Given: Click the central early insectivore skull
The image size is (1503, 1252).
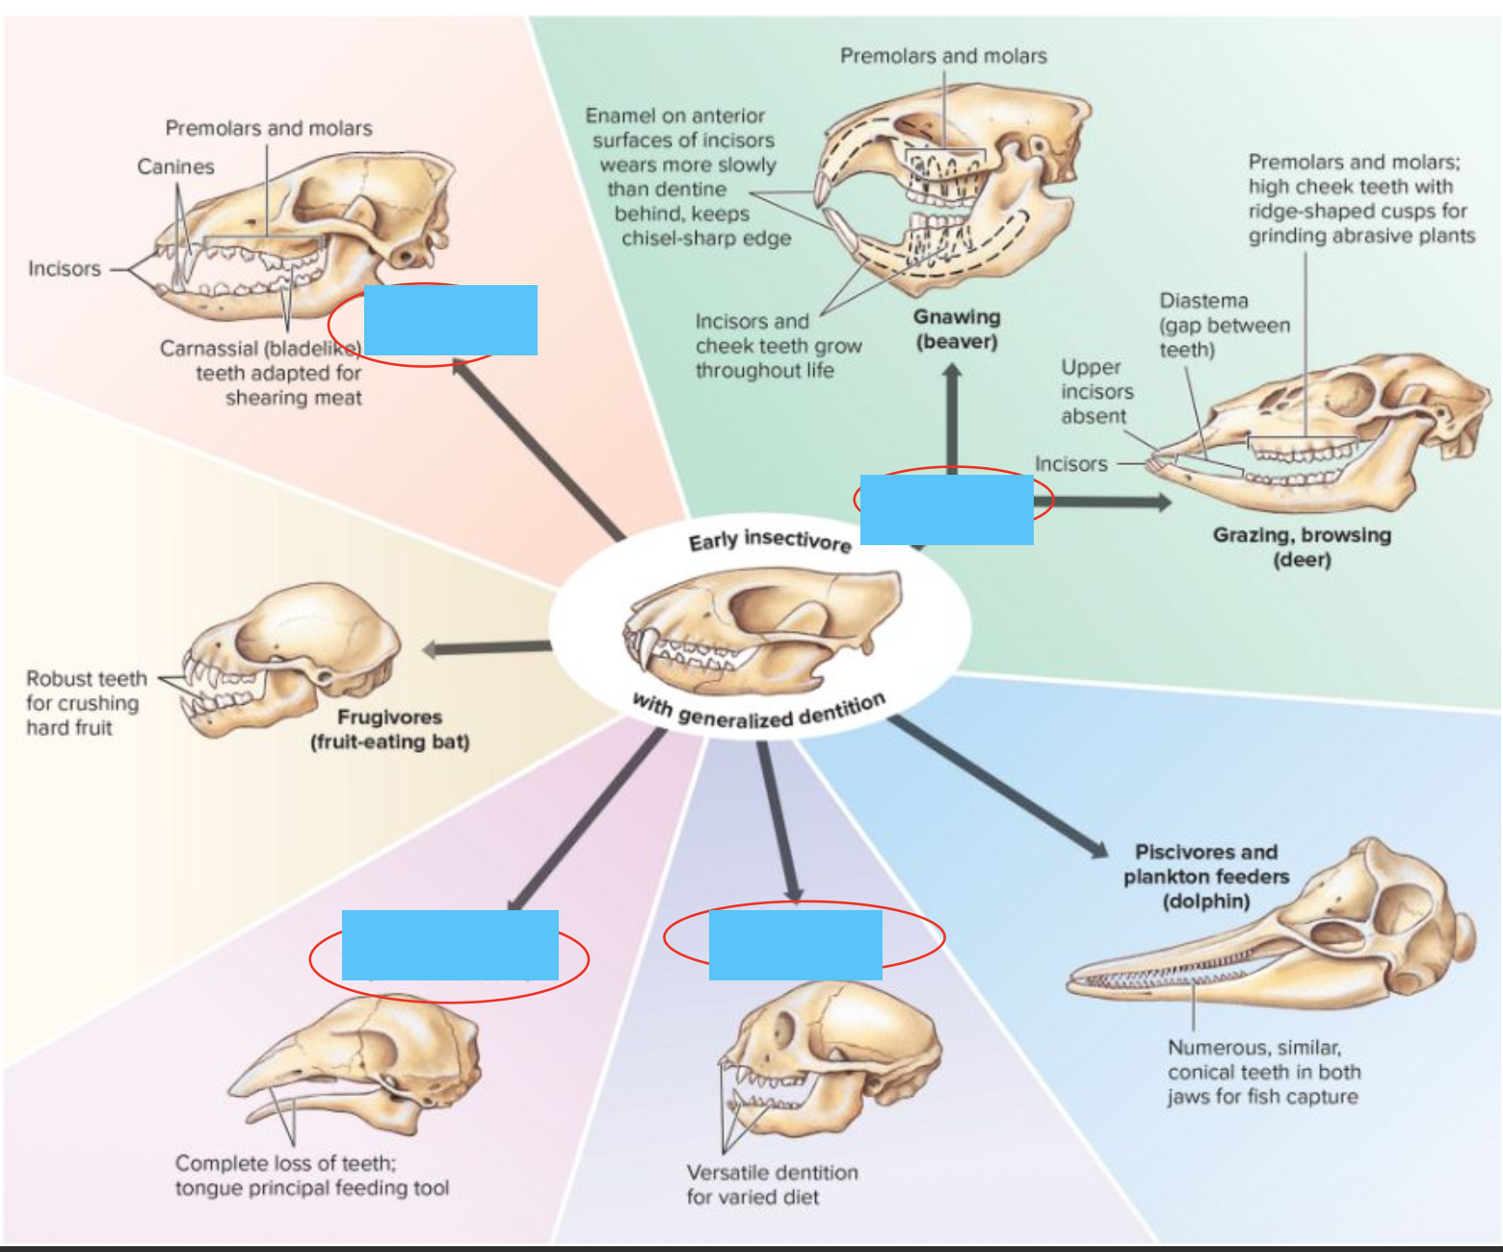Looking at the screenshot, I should (x=761, y=626).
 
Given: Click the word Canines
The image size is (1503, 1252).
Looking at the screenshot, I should (x=175, y=167).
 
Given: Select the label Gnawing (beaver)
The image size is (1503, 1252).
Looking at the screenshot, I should (x=957, y=329).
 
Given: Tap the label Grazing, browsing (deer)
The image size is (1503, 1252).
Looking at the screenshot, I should (x=1302, y=547).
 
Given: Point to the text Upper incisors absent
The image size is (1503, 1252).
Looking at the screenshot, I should (x=1096, y=392).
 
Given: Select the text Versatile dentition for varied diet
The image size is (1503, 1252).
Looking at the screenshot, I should (x=771, y=1185).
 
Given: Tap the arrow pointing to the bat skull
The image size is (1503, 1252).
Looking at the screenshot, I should (x=482, y=648).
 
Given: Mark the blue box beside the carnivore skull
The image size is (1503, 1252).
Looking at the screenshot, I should (x=450, y=320).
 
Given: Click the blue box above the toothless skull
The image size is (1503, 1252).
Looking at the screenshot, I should (x=450, y=945).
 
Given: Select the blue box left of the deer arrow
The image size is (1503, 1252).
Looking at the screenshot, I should (x=946, y=509).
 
